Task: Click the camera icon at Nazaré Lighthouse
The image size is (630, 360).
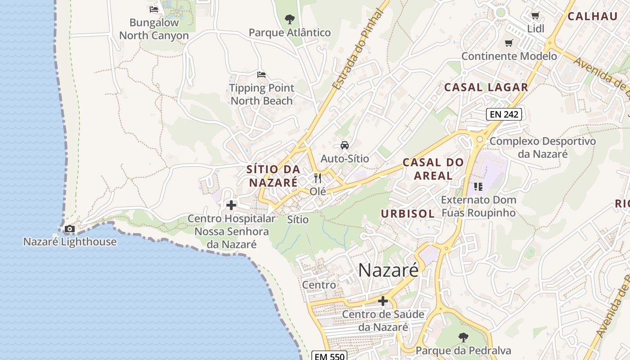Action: tap(69, 229)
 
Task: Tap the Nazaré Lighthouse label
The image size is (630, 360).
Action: tap(70, 242)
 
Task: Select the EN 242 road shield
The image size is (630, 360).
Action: tap(504, 114)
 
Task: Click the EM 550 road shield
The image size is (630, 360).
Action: tap(329, 356)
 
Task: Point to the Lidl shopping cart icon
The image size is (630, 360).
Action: tap(535, 16)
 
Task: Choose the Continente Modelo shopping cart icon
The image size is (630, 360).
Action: tap(508, 43)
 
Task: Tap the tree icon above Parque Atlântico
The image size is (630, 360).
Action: tap(290, 19)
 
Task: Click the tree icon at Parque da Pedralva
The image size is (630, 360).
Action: tap(463, 337)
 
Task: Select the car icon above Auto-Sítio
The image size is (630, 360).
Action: tap(344, 145)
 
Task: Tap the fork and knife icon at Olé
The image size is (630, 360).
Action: tap(318, 178)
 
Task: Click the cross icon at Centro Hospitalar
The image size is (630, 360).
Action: tap(231, 205)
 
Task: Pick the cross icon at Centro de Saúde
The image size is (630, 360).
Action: tap(383, 301)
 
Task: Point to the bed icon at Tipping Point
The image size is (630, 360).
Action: tap(261, 74)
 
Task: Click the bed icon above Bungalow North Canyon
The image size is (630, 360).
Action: tap(154, 9)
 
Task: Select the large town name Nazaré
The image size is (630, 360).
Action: tap(388, 270)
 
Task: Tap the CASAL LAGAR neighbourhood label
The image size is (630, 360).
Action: tap(486, 87)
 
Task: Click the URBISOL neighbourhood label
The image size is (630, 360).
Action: tap(408, 214)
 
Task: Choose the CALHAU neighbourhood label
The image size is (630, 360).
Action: tap(592, 17)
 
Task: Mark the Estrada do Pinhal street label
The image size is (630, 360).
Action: tap(357, 49)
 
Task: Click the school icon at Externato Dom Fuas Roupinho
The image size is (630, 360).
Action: tap(478, 186)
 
